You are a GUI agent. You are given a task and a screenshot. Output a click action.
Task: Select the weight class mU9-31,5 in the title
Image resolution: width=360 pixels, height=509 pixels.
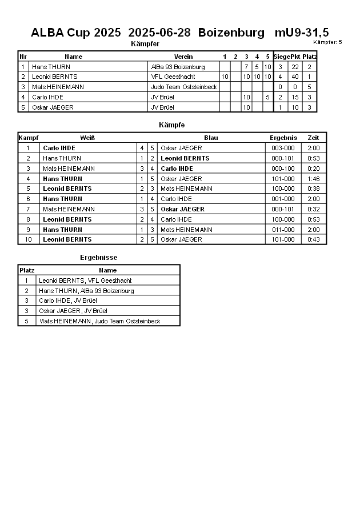coord(301,33)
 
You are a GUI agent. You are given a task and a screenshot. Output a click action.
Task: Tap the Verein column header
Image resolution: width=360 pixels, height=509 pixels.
coord(183,57)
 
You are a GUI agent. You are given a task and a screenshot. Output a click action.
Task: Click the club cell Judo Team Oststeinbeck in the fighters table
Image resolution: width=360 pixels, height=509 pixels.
coord(183,87)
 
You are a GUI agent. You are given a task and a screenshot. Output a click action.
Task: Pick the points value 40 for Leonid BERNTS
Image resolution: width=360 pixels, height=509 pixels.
coord(295,77)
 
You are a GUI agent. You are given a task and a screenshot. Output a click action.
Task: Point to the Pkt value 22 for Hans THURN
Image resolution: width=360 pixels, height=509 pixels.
coord(295,67)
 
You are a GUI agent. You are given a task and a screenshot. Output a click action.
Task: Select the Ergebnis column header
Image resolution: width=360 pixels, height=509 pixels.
coord(283,138)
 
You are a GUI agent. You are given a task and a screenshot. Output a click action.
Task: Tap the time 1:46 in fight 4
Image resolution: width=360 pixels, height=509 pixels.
coord(313,178)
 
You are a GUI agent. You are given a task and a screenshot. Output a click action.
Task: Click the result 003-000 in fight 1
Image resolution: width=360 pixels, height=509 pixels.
coord(283,148)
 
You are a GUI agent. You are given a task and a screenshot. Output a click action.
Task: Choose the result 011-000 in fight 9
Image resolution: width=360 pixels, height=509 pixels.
coord(283,230)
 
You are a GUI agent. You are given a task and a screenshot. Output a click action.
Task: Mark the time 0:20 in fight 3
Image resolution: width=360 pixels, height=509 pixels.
coord(313,169)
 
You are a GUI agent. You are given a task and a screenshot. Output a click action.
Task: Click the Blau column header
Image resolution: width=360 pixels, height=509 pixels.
coord(211,138)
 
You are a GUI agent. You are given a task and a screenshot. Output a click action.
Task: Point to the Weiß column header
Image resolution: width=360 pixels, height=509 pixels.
coord(87,138)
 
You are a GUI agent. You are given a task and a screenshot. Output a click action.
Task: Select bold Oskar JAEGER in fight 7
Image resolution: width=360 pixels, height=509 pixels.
coord(182,209)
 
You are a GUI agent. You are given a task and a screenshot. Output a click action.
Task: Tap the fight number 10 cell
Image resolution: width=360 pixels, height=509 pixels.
coord(27,239)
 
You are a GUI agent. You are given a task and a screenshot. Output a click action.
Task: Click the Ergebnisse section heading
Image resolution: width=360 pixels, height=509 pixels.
coord(98,258)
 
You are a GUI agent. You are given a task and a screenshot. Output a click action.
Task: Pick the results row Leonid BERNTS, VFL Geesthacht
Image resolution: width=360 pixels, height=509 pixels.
coord(85,280)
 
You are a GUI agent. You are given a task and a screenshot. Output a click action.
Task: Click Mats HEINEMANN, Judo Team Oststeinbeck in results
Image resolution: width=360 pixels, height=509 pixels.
coord(99,321)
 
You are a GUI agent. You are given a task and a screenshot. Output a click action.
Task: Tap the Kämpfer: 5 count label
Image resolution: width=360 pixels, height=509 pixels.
coord(327,42)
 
